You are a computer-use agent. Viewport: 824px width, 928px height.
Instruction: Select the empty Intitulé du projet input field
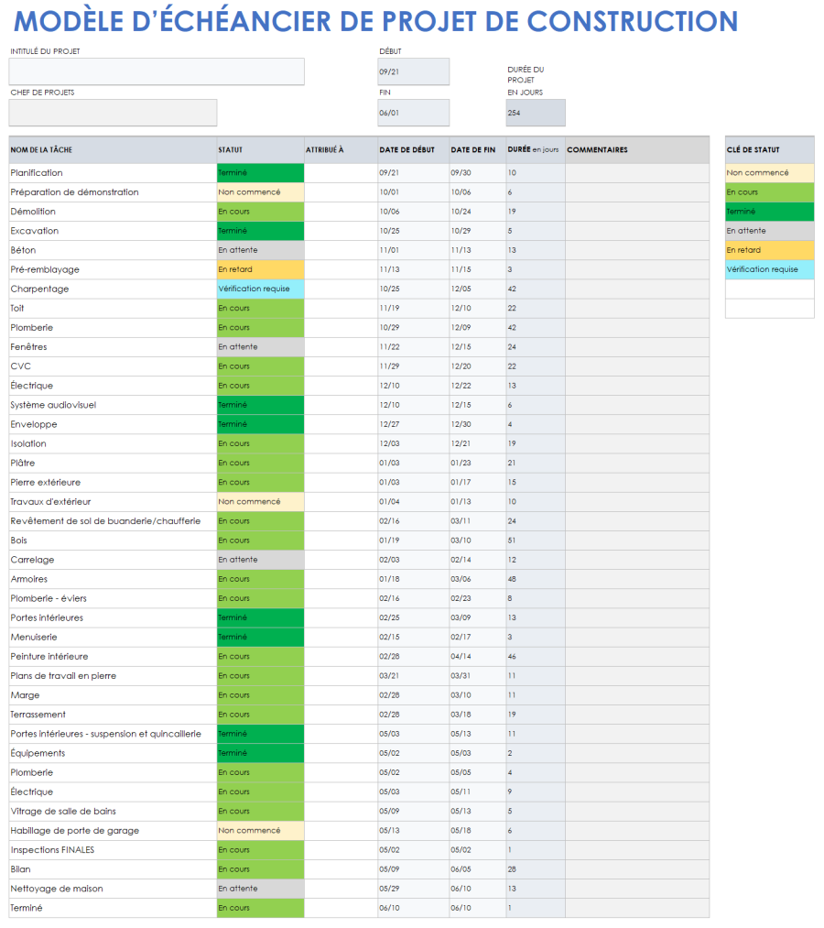[157, 71]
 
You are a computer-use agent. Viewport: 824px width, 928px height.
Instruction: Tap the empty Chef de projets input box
[113, 113]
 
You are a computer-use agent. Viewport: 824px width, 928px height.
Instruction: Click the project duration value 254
[535, 113]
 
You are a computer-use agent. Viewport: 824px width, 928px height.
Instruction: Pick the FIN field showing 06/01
[413, 113]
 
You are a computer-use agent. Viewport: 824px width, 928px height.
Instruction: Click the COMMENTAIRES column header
[597, 150]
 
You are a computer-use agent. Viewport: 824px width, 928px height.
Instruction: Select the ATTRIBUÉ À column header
[325, 150]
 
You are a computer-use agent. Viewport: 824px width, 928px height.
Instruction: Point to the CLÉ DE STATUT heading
[754, 150]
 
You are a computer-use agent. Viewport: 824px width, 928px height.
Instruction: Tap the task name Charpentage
[39, 289]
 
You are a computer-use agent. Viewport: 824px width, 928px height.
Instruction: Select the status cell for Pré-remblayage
[260, 269]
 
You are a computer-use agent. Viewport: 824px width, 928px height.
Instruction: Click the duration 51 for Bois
[512, 540]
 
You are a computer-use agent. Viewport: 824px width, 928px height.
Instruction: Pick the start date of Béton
[389, 250]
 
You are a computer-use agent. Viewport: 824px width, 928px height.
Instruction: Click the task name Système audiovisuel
[53, 405]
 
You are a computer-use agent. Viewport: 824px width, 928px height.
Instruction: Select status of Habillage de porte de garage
[260, 831]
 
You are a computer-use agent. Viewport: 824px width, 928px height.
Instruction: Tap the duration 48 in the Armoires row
[512, 579]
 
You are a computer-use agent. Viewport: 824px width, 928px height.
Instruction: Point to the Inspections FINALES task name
[52, 850]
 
